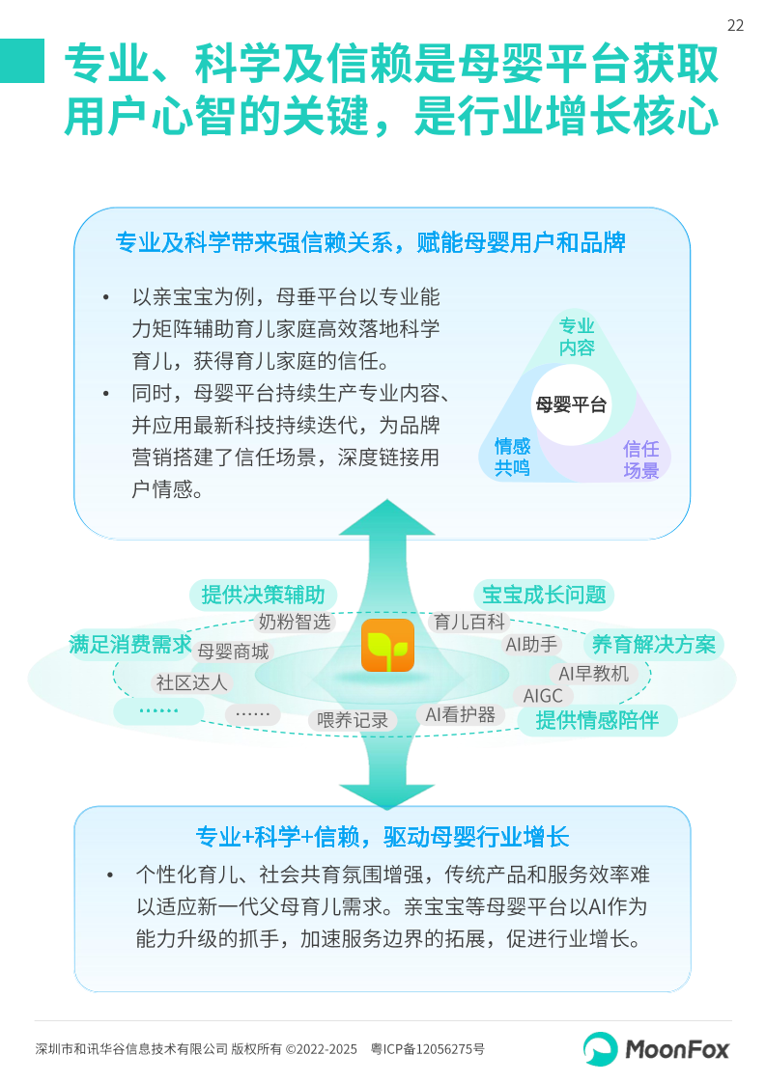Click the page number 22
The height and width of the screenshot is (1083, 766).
pyautogui.click(x=735, y=26)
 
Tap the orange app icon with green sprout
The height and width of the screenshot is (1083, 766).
pyautogui.click(x=387, y=646)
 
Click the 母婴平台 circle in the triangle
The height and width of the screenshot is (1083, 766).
pyautogui.click(x=571, y=404)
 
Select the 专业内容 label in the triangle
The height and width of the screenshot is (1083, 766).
pyautogui.click(x=577, y=337)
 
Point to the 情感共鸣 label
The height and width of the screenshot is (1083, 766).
pyautogui.click(x=512, y=457)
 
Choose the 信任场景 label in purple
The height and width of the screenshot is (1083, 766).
pyautogui.click(x=640, y=459)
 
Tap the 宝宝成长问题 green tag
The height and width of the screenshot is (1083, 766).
pyautogui.click(x=544, y=595)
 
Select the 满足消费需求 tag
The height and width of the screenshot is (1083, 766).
pyautogui.click(x=130, y=644)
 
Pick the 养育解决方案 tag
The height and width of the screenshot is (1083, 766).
pyautogui.click(x=654, y=644)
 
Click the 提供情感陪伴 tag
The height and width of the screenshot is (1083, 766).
pyautogui.click(x=597, y=719)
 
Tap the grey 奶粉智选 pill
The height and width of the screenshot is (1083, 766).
pyautogui.click(x=295, y=622)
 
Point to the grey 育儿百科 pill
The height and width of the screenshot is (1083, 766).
pyautogui.click(x=469, y=622)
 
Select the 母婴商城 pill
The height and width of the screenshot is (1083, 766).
pyautogui.click(x=233, y=652)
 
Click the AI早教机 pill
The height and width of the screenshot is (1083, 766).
pyautogui.click(x=593, y=673)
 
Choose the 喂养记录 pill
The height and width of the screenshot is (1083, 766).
pyautogui.click(x=353, y=720)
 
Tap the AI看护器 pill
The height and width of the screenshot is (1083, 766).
pyautogui.click(x=461, y=714)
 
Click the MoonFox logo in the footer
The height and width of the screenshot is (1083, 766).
pyautogui.click(x=656, y=1048)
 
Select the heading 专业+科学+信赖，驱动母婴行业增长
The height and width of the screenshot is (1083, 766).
pyautogui.click(x=383, y=836)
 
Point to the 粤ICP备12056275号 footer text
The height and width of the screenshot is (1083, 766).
pyautogui.click(x=428, y=1048)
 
